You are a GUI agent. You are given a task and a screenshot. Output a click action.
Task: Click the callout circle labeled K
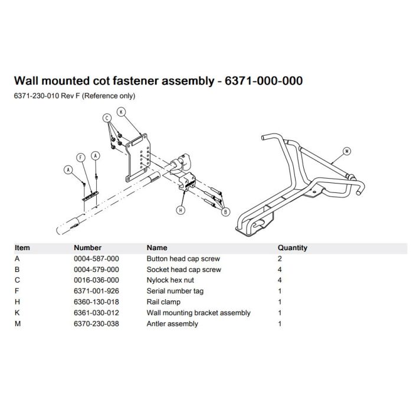click(121, 112)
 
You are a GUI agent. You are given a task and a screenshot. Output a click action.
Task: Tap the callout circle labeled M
click(347, 151)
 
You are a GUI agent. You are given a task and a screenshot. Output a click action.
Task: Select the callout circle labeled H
click(180, 209)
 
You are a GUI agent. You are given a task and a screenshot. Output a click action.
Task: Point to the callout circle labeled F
click(81, 158)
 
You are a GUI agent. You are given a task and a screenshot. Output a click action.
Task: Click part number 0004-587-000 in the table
click(96, 258)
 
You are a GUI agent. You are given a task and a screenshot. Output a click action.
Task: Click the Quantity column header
click(292, 248)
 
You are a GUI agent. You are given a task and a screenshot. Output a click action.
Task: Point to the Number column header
click(87, 248)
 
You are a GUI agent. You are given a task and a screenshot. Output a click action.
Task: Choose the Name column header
click(156, 248)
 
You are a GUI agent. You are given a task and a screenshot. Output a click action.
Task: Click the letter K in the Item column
click(17, 313)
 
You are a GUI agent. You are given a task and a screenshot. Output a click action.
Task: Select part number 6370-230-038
click(96, 323)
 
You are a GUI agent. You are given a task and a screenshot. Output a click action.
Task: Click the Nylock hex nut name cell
click(170, 280)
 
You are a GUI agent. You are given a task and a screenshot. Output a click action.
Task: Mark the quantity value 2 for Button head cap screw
click(280, 258)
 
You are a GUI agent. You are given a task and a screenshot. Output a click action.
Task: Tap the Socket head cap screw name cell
click(183, 270)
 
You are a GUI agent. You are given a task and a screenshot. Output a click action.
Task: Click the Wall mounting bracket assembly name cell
click(198, 313)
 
